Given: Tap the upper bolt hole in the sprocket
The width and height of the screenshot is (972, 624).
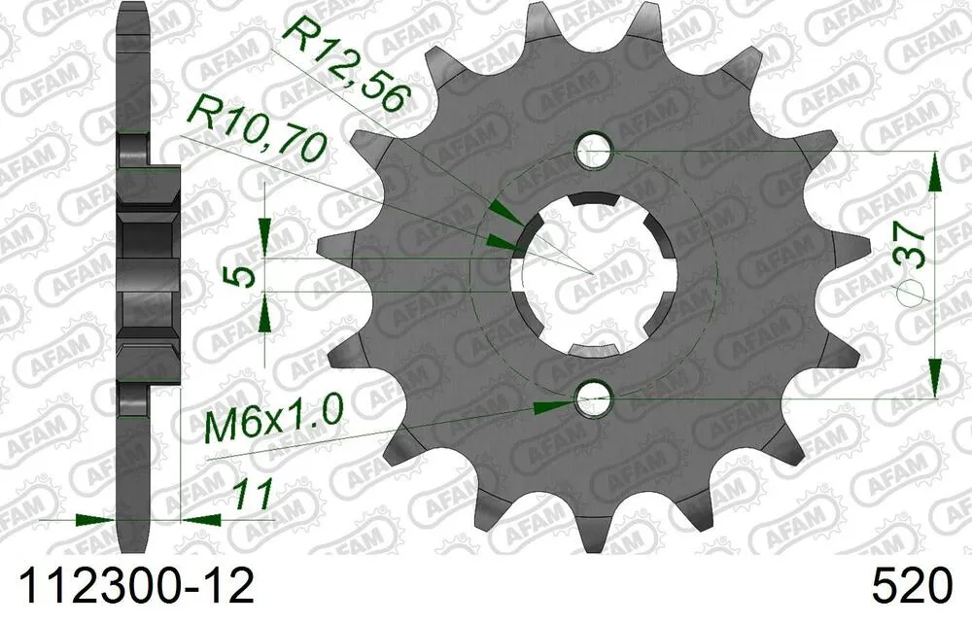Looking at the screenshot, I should pos(594,150).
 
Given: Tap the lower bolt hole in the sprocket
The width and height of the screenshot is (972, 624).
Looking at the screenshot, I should pos(593,398).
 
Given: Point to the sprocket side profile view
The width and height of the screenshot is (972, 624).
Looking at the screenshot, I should pos(147,272).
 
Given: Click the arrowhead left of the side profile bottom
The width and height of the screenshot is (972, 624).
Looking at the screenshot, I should pos(98,519).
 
